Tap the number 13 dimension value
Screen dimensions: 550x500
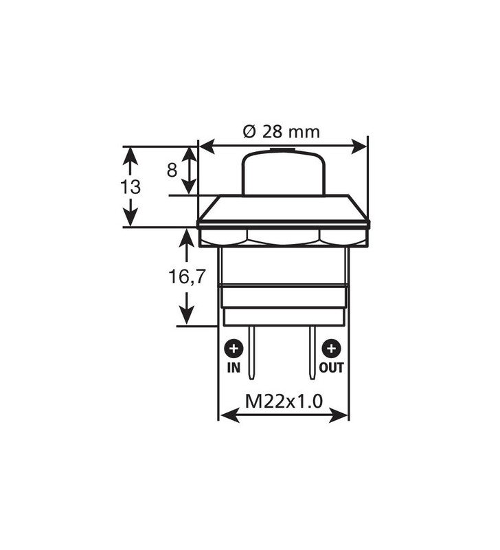coord(130,187)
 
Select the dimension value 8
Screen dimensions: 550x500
coord(172,170)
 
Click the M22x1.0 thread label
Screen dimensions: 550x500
coord(284,401)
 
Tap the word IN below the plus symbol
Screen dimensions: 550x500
coord(234,368)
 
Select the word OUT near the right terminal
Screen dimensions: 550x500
coord(332,368)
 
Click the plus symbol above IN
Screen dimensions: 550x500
coord(234,348)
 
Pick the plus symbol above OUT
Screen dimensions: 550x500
coord(332,348)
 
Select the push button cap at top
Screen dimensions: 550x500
coord(283,172)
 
